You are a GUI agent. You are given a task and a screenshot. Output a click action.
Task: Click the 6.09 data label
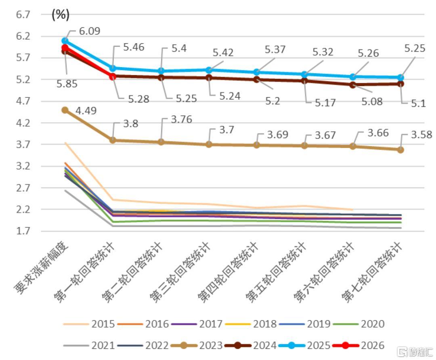(90, 31)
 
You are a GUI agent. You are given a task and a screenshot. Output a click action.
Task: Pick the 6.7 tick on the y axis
(23, 15)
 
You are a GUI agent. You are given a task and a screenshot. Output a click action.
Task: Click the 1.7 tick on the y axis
(23, 231)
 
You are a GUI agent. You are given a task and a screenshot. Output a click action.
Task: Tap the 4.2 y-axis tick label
(23, 123)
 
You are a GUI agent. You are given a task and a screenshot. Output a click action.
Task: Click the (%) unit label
(61, 15)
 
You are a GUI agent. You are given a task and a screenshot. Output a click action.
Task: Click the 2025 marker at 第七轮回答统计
(400, 78)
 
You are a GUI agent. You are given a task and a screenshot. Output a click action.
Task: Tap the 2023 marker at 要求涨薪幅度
(65, 110)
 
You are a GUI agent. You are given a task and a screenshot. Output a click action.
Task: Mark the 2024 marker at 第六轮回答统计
(352, 85)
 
